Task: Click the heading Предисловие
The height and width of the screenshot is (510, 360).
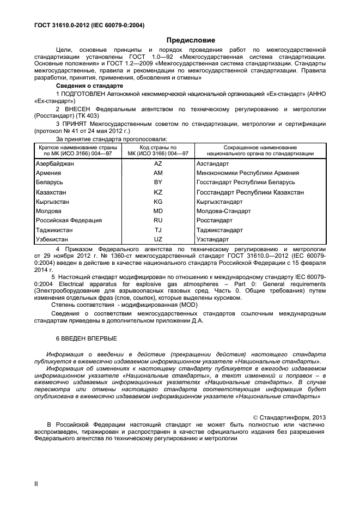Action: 190,40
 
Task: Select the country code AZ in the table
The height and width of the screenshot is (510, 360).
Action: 158,163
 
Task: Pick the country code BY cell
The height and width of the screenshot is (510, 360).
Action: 158,183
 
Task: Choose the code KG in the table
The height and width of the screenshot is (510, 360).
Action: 158,202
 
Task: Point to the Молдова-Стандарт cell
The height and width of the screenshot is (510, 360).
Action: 223,211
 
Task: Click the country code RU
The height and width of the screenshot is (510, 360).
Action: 158,220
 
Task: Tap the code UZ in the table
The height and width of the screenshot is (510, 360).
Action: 158,239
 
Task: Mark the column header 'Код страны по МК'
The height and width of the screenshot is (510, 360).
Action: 158,151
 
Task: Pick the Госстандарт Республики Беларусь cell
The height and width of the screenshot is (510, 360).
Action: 245,183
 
